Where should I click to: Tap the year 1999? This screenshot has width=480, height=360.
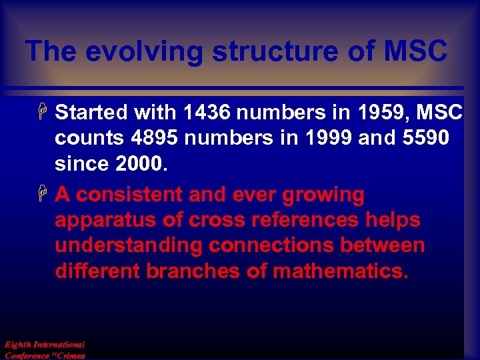329,138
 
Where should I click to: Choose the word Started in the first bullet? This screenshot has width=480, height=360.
92,113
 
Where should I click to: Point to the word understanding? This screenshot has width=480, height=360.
128,245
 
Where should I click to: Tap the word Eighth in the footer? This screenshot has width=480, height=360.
15,345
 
